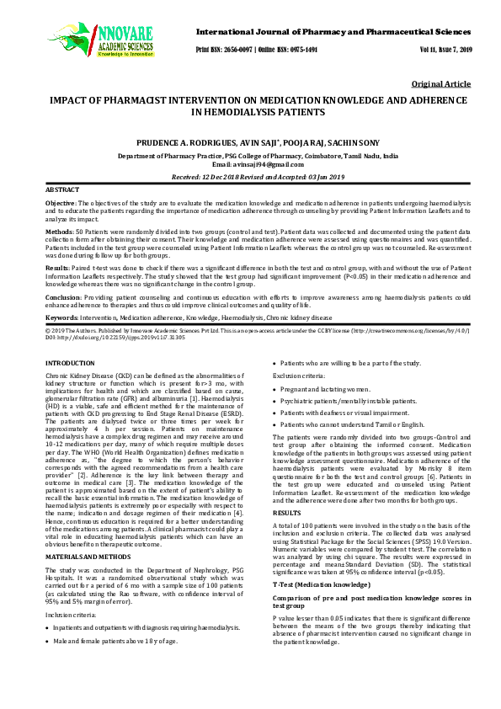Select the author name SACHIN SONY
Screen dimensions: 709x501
[354, 144]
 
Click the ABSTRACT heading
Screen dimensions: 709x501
[63, 191]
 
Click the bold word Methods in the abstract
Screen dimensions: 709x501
[59, 230]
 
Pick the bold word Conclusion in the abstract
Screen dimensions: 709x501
[63, 297]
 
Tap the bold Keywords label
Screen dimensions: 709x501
[61, 317]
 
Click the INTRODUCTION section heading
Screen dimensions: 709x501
[72, 362]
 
